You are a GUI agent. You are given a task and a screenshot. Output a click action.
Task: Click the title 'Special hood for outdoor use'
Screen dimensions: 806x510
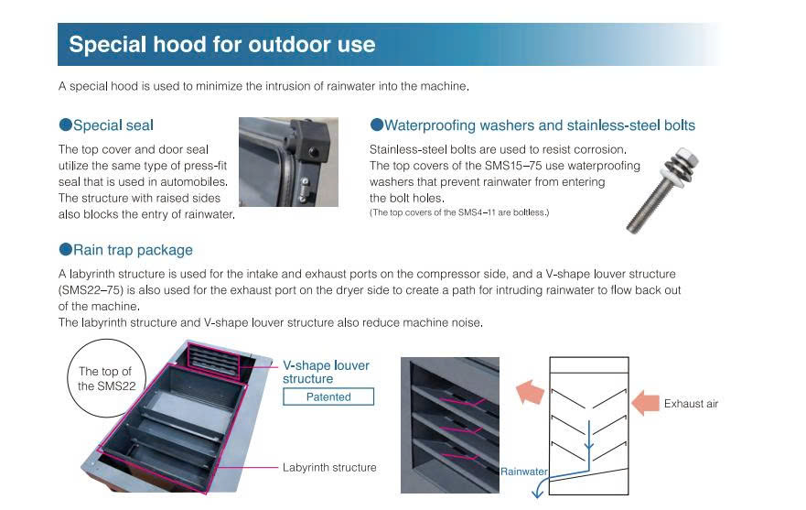tap(222, 44)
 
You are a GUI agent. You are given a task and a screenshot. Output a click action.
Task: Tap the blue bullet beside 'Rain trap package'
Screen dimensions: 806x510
tap(65, 249)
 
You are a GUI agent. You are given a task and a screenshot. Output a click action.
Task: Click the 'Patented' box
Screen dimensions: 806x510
tap(328, 396)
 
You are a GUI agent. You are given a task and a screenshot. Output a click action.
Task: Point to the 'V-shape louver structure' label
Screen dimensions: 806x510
tap(326, 372)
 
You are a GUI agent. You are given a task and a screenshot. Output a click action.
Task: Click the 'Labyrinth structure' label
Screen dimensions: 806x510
tap(329, 467)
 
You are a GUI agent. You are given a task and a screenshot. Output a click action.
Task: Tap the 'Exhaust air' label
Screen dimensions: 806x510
tap(691, 404)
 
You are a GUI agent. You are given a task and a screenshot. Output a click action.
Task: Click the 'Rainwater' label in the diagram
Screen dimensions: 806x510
tap(524, 472)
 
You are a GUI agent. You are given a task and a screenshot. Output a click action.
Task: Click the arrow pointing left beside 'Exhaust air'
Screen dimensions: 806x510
tap(645, 403)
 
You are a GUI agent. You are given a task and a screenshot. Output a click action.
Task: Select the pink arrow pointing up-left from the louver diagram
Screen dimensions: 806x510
tap(530, 392)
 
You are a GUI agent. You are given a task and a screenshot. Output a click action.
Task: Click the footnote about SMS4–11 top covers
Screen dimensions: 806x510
tap(459, 212)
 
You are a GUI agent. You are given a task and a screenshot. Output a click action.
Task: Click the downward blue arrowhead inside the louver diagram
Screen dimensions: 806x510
tap(589, 445)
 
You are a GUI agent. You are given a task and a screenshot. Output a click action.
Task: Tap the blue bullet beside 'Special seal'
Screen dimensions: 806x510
tap(65, 125)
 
